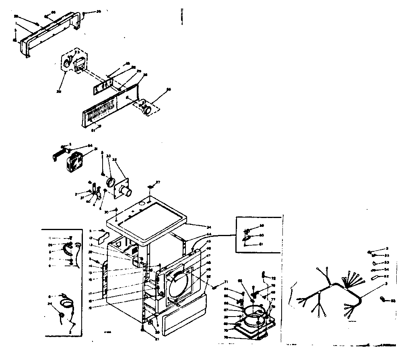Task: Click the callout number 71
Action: (x=226, y=282)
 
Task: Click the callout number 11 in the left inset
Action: (x=51, y=237)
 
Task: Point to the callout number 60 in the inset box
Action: (x=261, y=235)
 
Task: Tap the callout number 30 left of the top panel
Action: (x=107, y=212)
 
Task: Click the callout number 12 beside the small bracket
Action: (x=91, y=238)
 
